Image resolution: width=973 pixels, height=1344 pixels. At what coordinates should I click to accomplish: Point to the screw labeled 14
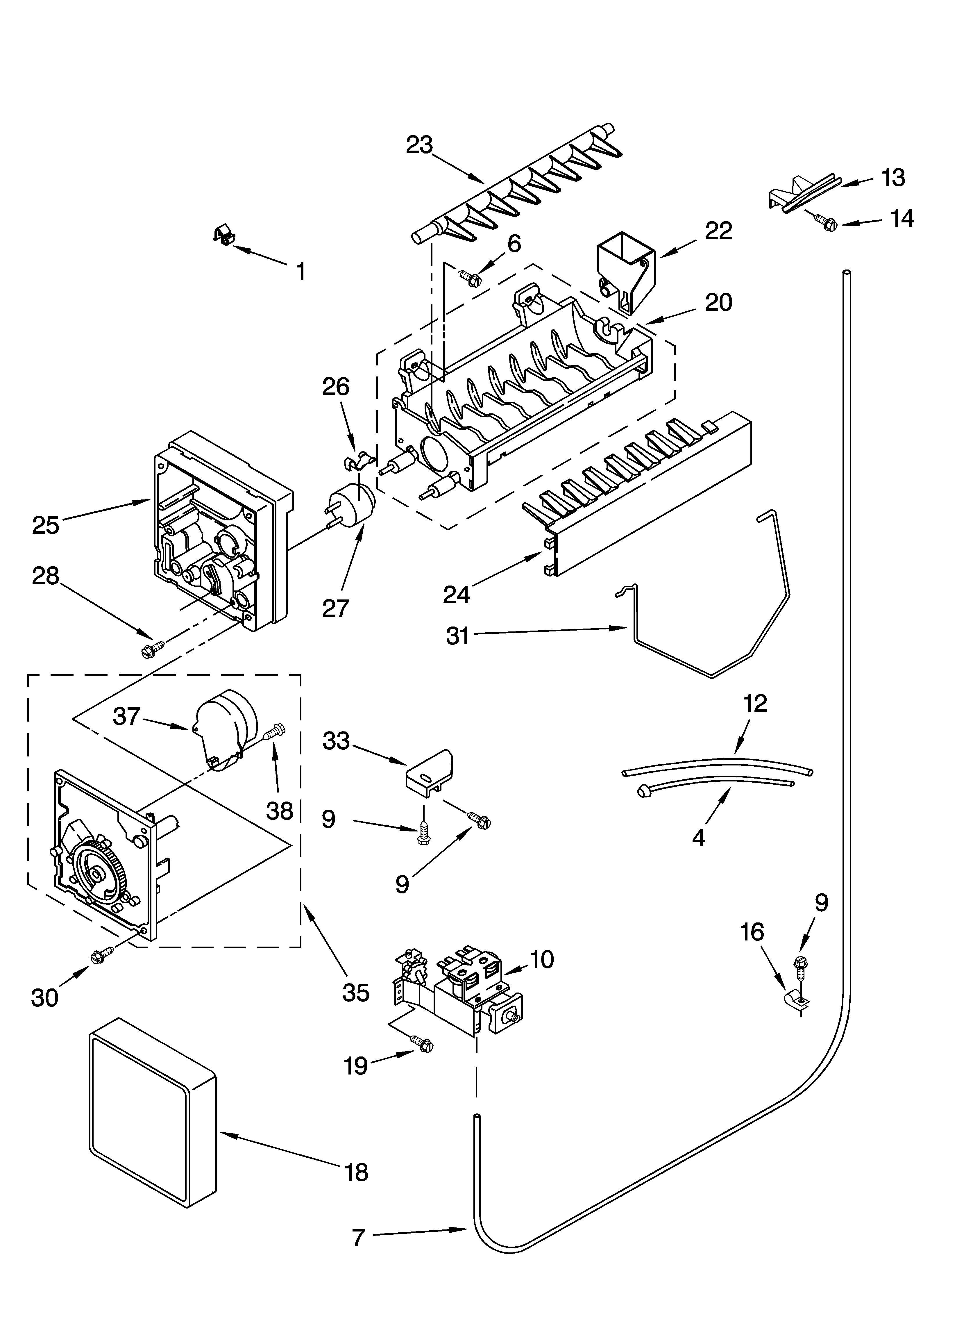click(x=825, y=223)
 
